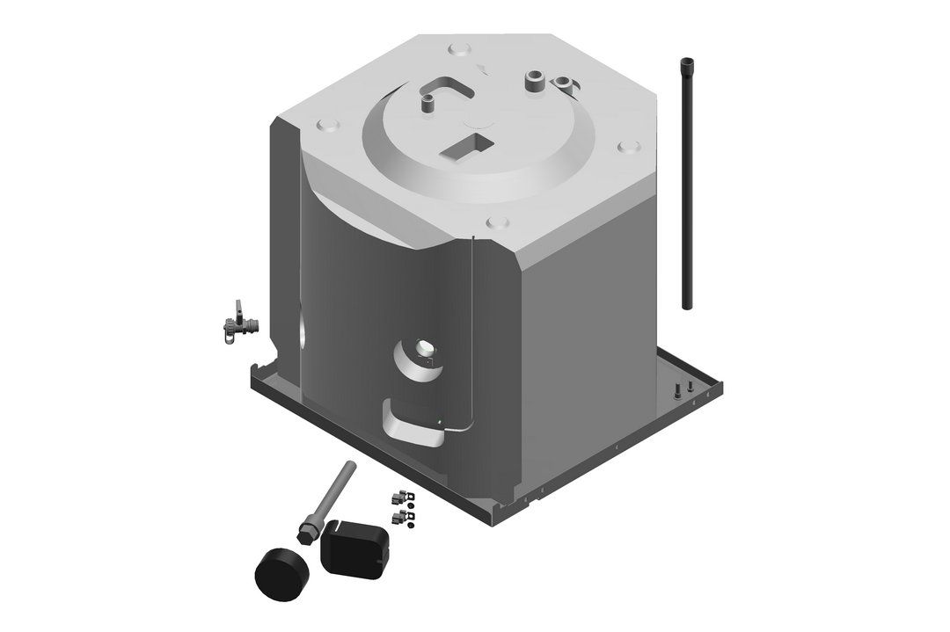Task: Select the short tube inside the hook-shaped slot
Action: (x=428, y=105)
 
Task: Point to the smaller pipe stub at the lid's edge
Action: (x=563, y=83)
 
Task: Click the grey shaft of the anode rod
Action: (x=329, y=493)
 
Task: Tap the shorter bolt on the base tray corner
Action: (x=691, y=386)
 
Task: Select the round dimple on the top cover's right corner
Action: (x=626, y=147)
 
